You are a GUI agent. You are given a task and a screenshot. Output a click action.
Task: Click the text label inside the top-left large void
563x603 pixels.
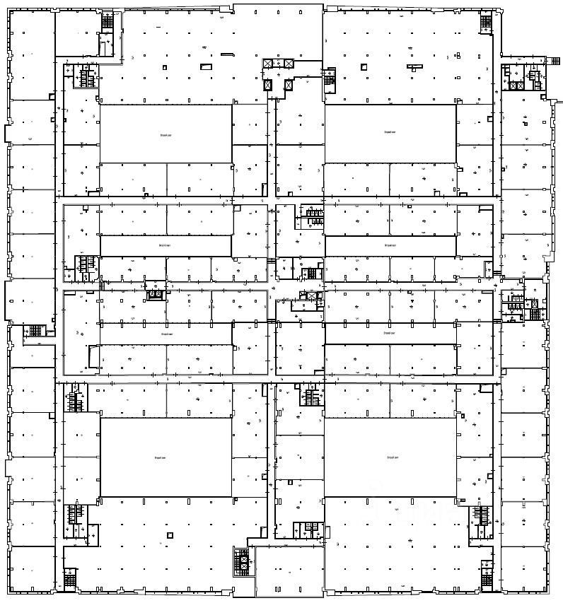[x=165, y=132]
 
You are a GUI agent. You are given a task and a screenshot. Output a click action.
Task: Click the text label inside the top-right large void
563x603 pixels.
[x=390, y=132]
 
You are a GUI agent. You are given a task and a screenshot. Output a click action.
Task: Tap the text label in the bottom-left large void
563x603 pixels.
[x=160, y=458]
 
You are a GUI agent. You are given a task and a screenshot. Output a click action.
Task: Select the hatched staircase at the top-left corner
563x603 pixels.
[x=108, y=21]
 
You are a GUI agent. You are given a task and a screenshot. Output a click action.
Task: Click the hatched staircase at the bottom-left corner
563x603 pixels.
[x=70, y=579]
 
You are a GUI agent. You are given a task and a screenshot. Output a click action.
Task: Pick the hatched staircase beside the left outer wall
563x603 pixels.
[x=35, y=330]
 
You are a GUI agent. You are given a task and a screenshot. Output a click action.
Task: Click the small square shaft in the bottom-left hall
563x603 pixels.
[x=169, y=535]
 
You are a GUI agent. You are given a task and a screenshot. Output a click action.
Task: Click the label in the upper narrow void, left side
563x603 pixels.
[x=165, y=245]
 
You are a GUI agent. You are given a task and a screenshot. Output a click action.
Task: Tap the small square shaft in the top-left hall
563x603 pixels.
[x=164, y=67]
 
